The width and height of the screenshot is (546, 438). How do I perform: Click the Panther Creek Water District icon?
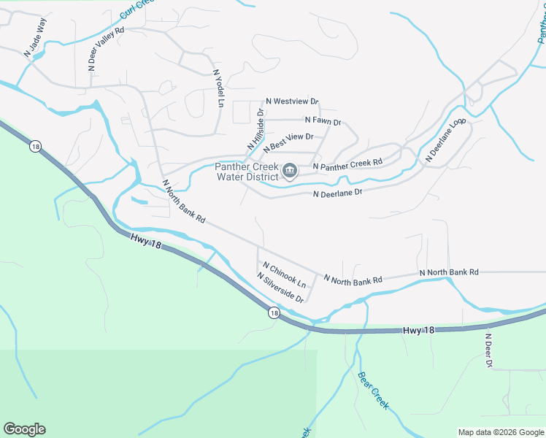tap(289, 172)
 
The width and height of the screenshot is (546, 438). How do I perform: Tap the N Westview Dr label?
tap(292, 101)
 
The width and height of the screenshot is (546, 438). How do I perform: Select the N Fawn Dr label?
tap(323, 120)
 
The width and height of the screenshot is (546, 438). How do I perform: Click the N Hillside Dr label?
tap(255, 130)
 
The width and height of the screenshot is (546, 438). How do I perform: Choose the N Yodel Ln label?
tap(217, 88)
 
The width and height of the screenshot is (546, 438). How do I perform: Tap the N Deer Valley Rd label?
tap(107, 48)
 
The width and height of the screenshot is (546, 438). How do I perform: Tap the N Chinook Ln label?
tap(284, 274)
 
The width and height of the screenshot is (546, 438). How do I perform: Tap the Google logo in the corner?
tap(24, 429)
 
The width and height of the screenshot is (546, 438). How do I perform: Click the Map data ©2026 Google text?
tap(501, 432)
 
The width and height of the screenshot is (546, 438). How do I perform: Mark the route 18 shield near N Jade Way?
tap(35, 147)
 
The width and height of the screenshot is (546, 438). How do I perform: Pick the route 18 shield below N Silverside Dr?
tap(273, 313)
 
